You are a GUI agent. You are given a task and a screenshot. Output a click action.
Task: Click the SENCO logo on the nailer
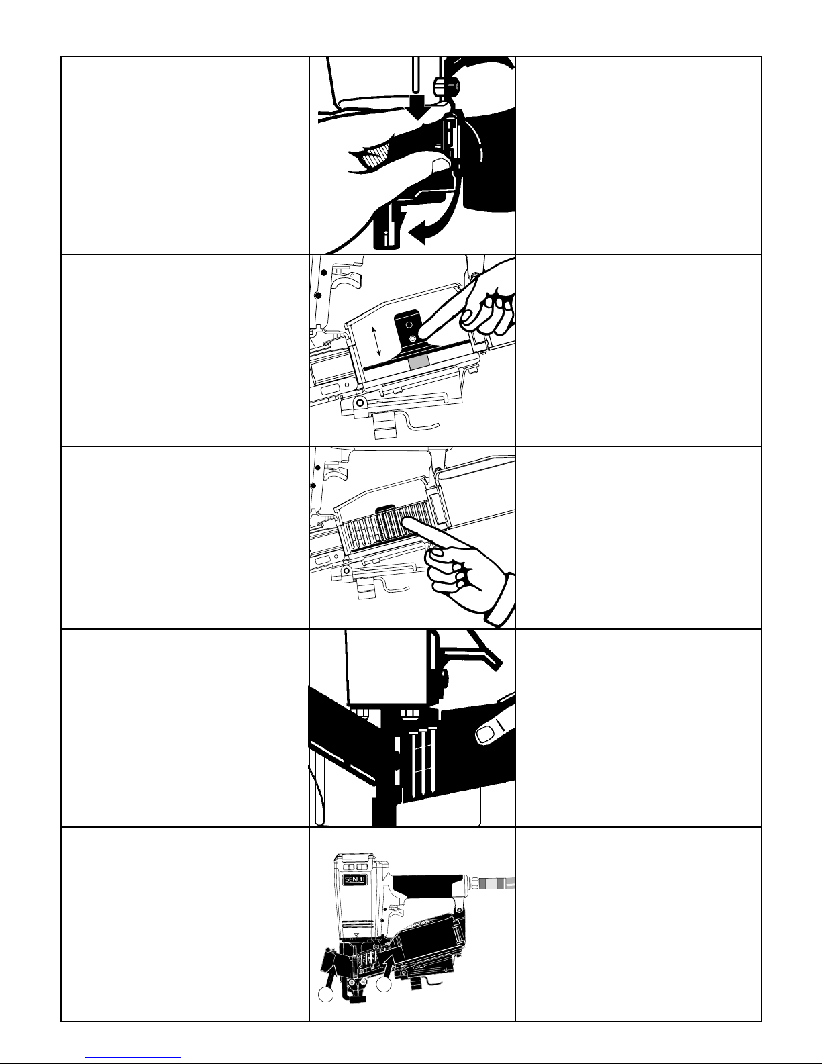[355, 879]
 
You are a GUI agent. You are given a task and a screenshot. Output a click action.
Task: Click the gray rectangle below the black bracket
[417, 362]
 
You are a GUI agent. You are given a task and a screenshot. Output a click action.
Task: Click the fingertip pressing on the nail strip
[407, 524]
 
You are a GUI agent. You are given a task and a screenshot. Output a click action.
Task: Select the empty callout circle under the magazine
[384, 983]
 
